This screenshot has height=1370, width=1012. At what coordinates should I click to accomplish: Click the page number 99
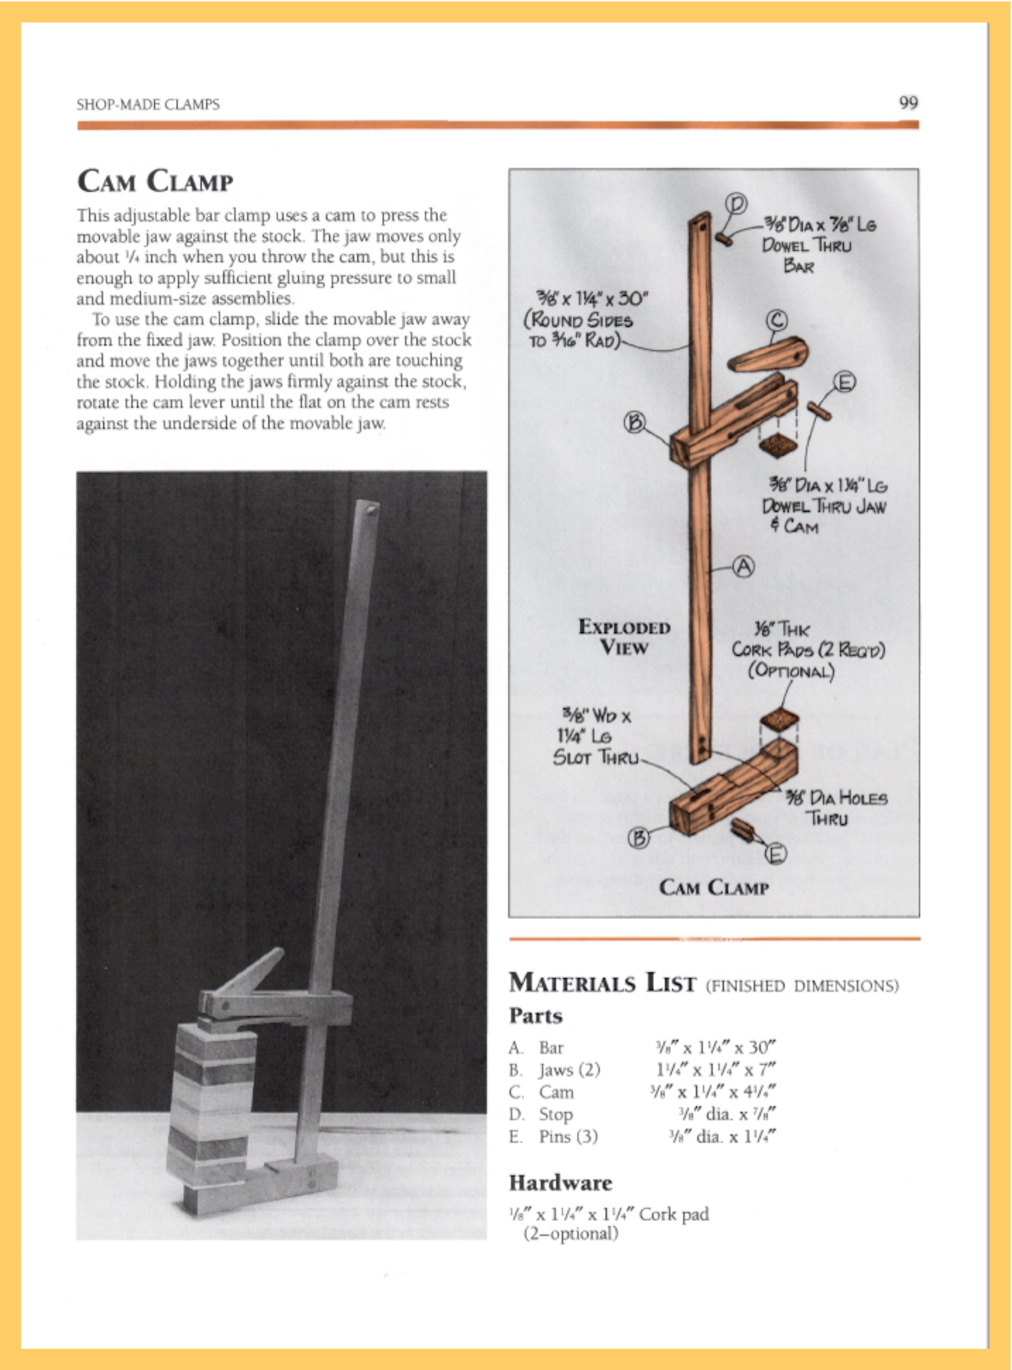coord(908,103)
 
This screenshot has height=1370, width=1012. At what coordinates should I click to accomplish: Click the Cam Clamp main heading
coord(155,181)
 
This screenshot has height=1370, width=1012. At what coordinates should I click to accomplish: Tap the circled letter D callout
coord(736,204)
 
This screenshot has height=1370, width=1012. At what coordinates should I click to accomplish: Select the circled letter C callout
coord(776,321)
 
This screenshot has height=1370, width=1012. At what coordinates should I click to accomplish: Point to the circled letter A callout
coord(743,566)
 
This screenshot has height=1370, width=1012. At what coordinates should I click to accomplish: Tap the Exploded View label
coord(624,637)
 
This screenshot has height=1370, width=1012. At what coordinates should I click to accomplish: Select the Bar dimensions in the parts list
coord(715,1047)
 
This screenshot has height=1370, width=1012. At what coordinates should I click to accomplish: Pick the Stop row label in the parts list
coord(555,1114)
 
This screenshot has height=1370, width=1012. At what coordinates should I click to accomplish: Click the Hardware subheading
coord(560,1182)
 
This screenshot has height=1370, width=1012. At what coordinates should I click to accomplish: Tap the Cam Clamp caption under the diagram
coord(713,887)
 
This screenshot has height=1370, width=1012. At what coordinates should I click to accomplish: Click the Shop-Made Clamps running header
coord(148,104)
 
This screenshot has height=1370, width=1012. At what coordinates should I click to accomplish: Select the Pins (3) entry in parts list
coord(568,1136)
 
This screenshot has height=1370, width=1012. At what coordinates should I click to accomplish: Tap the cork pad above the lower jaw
coord(779,719)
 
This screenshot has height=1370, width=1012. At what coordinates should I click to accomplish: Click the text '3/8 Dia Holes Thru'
coord(837,808)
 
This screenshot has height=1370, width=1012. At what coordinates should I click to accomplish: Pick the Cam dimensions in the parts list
coord(713,1092)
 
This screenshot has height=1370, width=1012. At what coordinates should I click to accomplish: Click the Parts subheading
coord(536,1016)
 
